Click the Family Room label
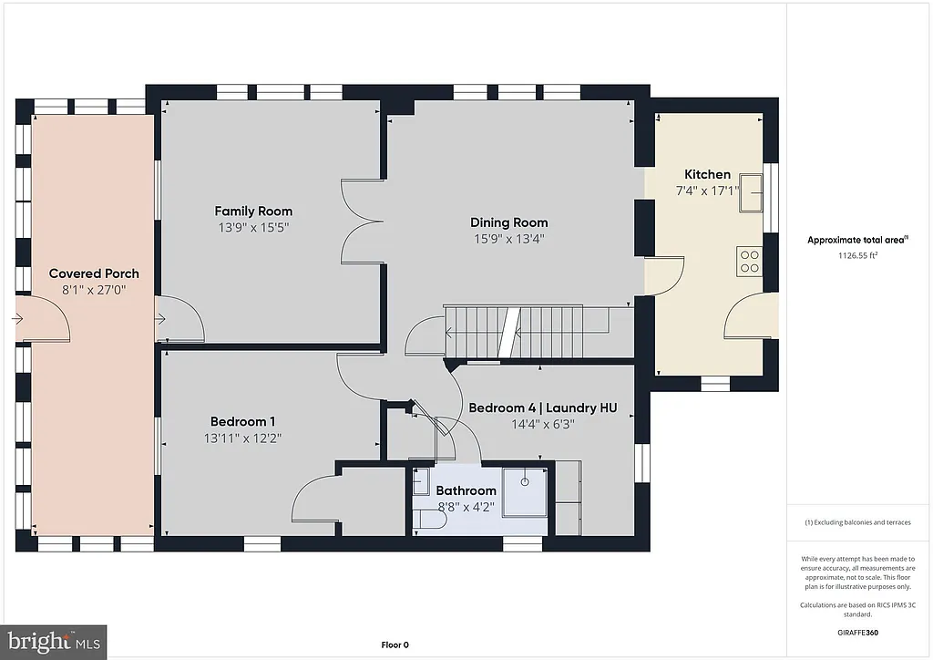tap(253, 211)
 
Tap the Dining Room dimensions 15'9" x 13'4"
tap(509, 239)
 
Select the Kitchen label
tap(707, 174)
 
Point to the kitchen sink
tap(752, 191)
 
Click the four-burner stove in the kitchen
tap(750, 262)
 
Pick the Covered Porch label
tap(94, 273)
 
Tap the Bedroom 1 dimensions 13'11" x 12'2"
tap(242, 438)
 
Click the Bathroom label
tap(466, 491)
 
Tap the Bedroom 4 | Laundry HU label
tap(542, 407)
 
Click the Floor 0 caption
tap(395, 645)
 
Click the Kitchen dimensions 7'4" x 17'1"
tap(707, 191)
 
